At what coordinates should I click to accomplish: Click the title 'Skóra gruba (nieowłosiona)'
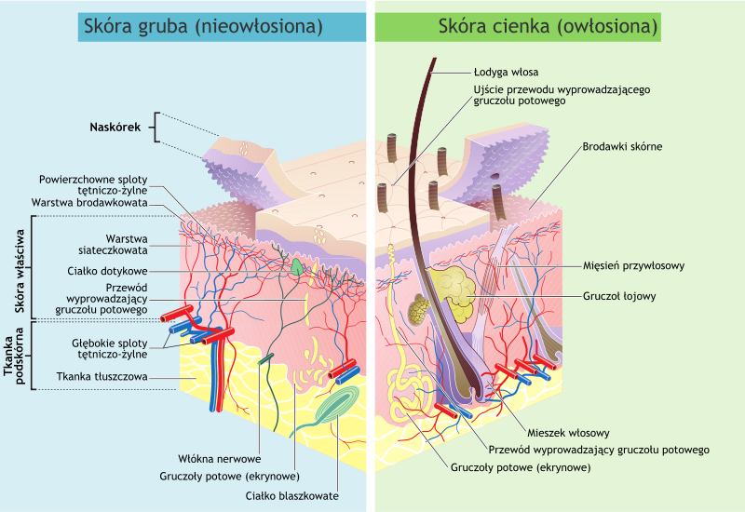(x=203, y=26)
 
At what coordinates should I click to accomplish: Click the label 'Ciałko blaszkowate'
(x=292, y=495)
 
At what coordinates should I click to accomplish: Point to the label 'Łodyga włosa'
(x=506, y=71)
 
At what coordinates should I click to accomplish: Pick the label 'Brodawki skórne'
(x=623, y=146)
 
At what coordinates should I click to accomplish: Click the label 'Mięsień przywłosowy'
(x=633, y=265)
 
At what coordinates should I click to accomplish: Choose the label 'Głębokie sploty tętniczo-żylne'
(x=110, y=348)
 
